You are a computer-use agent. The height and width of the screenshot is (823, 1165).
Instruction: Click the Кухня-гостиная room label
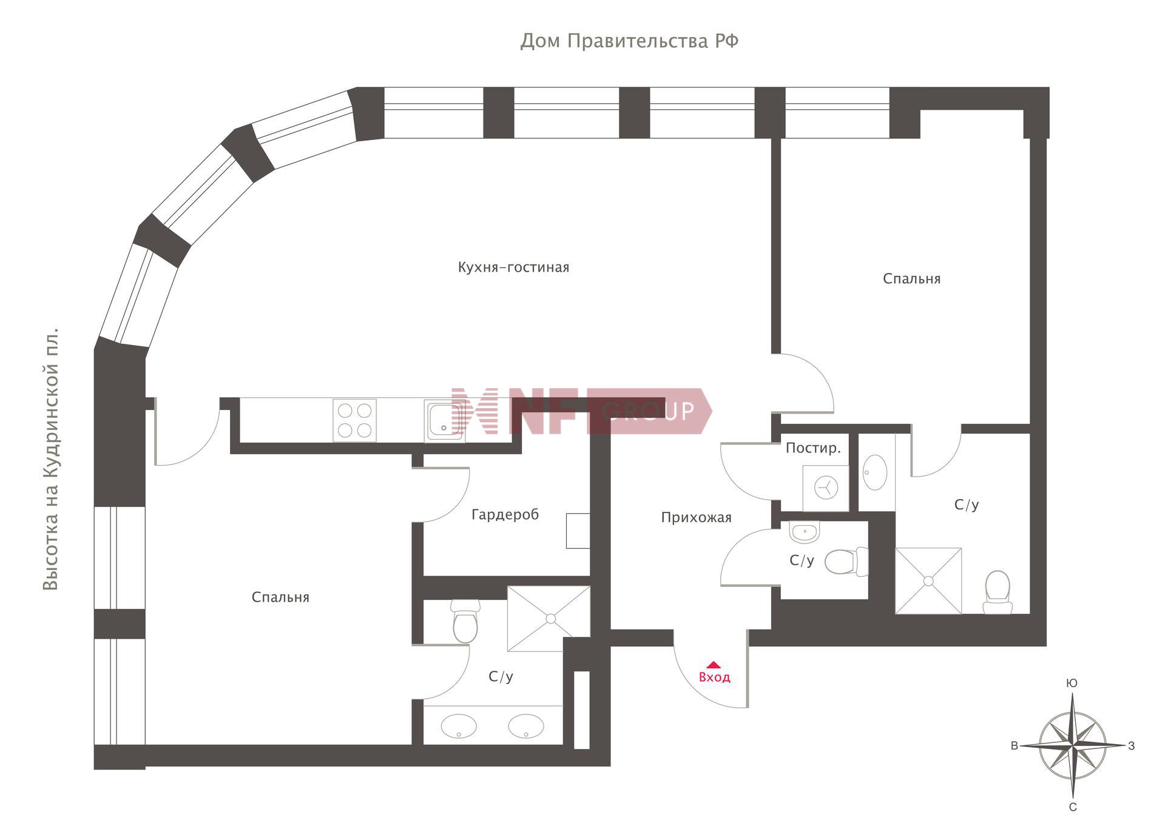pos(513,267)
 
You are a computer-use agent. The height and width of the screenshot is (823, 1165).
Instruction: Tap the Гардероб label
pos(505,515)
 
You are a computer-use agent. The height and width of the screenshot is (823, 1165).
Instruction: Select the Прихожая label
pos(696,517)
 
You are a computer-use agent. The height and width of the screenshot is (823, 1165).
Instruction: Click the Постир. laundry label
pos(813,448)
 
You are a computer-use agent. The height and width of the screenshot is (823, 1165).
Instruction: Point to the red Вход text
pos(714,677)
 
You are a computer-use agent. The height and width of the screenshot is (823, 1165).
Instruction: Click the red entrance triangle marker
pos(714,665)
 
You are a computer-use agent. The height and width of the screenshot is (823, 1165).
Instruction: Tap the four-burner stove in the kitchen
pos(354,420)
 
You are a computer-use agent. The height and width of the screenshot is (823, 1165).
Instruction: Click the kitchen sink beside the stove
pos(444,420)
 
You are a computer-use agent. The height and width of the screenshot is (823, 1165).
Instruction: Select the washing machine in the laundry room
pos(825,488)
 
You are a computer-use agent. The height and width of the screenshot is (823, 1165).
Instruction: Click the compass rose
pos(1073,745)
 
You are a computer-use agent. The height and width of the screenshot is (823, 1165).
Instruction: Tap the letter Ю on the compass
pos(1072,684)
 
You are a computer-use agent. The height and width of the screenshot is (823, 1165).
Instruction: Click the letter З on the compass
pos(1131,746)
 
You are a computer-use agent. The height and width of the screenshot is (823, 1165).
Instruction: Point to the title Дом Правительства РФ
pos(629,41)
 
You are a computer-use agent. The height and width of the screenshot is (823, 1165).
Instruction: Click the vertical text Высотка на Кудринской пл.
pos(50,459)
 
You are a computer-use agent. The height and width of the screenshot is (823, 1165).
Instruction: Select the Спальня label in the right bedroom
pos(911,279)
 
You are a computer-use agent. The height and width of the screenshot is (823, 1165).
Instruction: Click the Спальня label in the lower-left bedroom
pos(280,597)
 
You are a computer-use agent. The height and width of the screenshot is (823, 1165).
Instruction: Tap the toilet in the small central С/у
pos(847,562)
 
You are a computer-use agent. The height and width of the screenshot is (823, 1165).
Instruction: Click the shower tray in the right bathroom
pos(928,581)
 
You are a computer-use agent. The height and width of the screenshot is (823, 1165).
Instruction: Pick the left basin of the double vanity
pos(459,726)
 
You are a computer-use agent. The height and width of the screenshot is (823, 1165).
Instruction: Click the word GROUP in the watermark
pos(649,411)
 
